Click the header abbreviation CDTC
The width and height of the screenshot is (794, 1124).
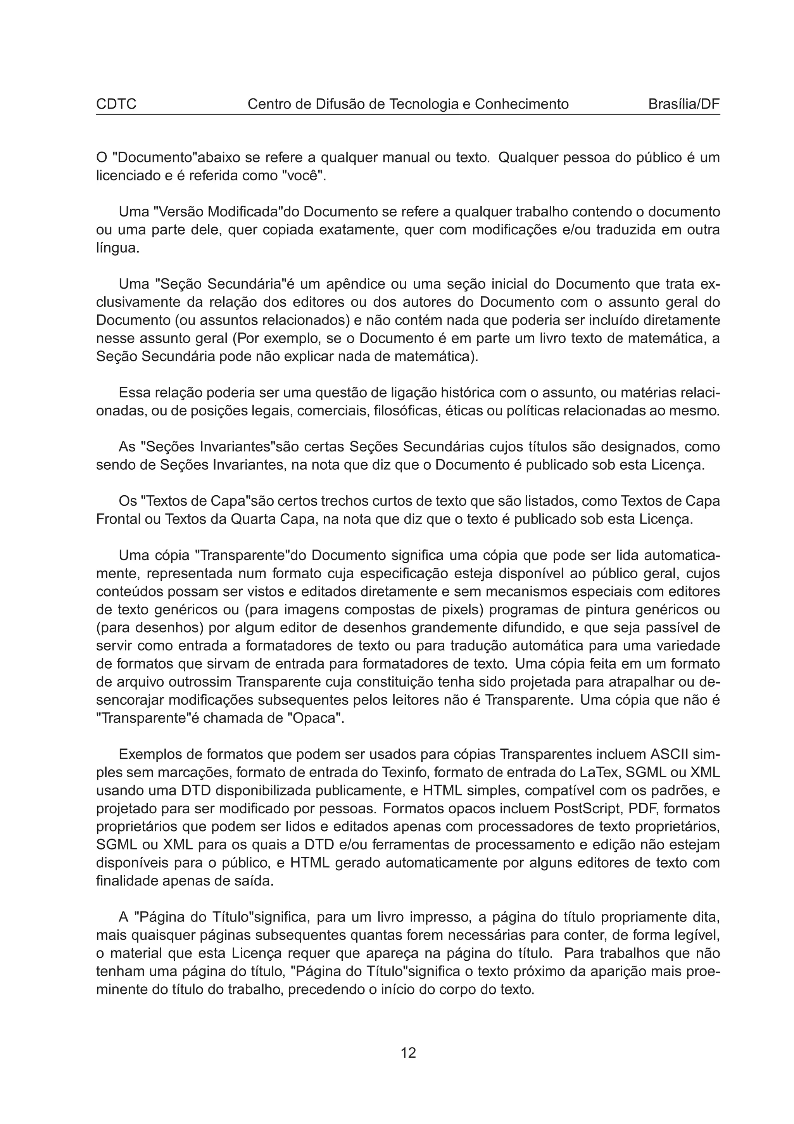pyautogui.click(x=116, y=104)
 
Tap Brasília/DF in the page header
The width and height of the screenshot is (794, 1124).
pyautogui.click(x=684, y=104)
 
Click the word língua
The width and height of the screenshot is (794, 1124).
pyautogui.click(x=117, y=248)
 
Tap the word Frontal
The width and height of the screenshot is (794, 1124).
pyautogui.click(x=118, y=519)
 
